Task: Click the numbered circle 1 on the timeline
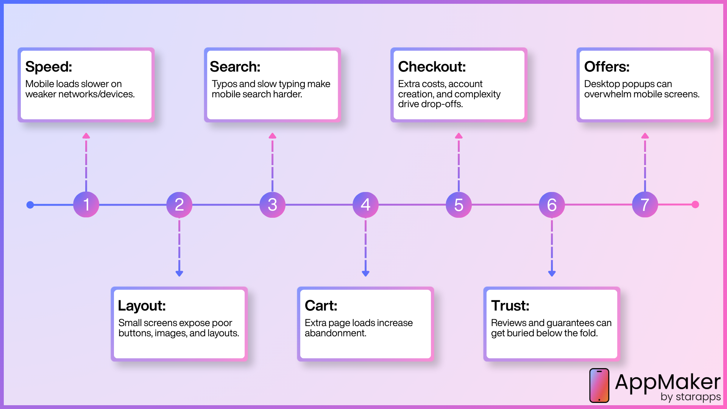[86, 204]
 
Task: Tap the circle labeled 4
[365, 204]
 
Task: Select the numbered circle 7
[645, 204]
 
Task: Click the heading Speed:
[48, 67]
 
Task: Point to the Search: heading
[235, 67]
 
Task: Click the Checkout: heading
[432, 67]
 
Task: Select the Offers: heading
[607, 67]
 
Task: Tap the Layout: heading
[142, 306]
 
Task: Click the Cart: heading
[321, 306]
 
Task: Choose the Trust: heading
[510, 306]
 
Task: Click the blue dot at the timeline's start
[30, 205]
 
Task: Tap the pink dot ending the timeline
[695, 204]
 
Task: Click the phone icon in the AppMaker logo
[599, 386]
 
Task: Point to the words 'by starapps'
[691, 397]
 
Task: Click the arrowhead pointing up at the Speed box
[86, 136]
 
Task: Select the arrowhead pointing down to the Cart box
[365, 273]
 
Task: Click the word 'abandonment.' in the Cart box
[335, 333]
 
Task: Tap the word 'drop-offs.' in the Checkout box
[443, 104]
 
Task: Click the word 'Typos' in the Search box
[224, 84]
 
